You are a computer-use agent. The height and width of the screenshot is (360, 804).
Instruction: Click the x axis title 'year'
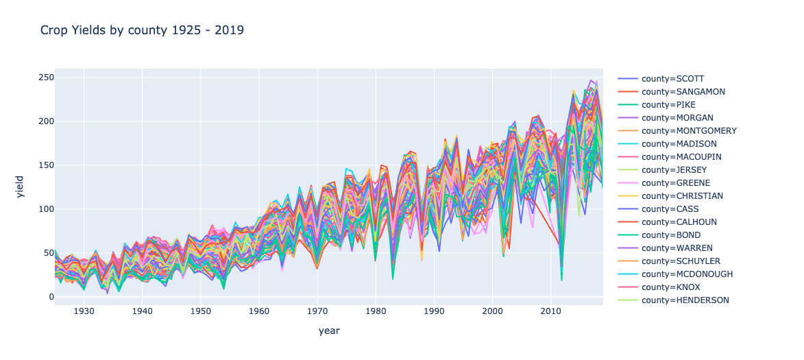[329, 331]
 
